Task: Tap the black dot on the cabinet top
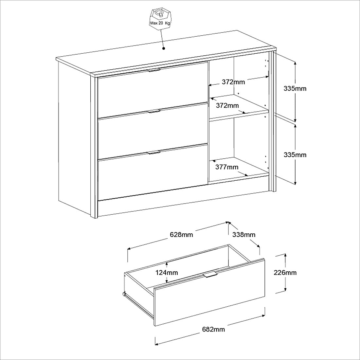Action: click(164, 48)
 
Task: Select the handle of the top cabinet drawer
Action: click(154, 71)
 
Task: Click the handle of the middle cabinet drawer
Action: click(154, 112)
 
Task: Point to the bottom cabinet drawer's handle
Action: click(154, 153)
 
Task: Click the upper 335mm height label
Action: click(295, 88)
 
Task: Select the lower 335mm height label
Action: click(295, 155)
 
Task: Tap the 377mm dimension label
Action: click(227, 167)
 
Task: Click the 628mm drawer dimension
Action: click(181, 235)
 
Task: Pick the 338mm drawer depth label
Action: click(244, 235)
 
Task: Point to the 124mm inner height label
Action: click(167, 273)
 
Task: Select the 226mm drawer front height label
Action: click(285, 273)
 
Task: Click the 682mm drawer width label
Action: click(213, 330)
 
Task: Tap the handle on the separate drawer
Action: click(210, 274)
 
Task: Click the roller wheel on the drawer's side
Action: click(124, 294)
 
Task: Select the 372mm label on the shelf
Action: click(227, 106)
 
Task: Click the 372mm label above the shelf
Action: click(233, 82)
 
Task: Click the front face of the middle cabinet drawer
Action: click(153, 131)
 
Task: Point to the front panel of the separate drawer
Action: click(209, 292)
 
